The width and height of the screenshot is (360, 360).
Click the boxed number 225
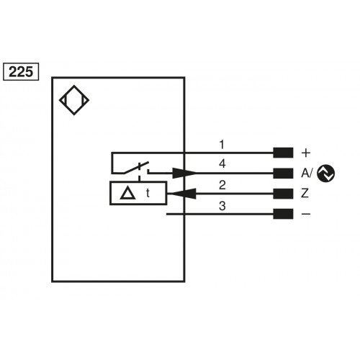point(22,71)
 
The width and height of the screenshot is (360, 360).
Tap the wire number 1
point(222,145)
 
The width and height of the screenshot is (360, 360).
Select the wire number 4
point(222,165)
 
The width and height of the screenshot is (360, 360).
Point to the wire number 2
point(222,185)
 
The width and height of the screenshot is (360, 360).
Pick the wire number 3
point(222,206)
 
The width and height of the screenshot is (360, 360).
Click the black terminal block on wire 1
point(283,153)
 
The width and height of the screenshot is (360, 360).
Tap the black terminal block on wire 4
point(283,173)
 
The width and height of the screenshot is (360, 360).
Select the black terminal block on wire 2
point(283,193)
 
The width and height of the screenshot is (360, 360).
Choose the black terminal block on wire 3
point(283,214)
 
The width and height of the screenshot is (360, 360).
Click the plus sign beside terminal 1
point(305,153)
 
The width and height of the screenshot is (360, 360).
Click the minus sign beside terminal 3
point(305,214)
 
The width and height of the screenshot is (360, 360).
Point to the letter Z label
point(305,193)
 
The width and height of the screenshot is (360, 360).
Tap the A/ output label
point(306,173)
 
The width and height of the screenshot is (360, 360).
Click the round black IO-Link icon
point(326,173)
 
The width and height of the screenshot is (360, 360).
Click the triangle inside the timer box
point(127,193)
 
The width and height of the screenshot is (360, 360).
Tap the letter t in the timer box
point(148,193)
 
